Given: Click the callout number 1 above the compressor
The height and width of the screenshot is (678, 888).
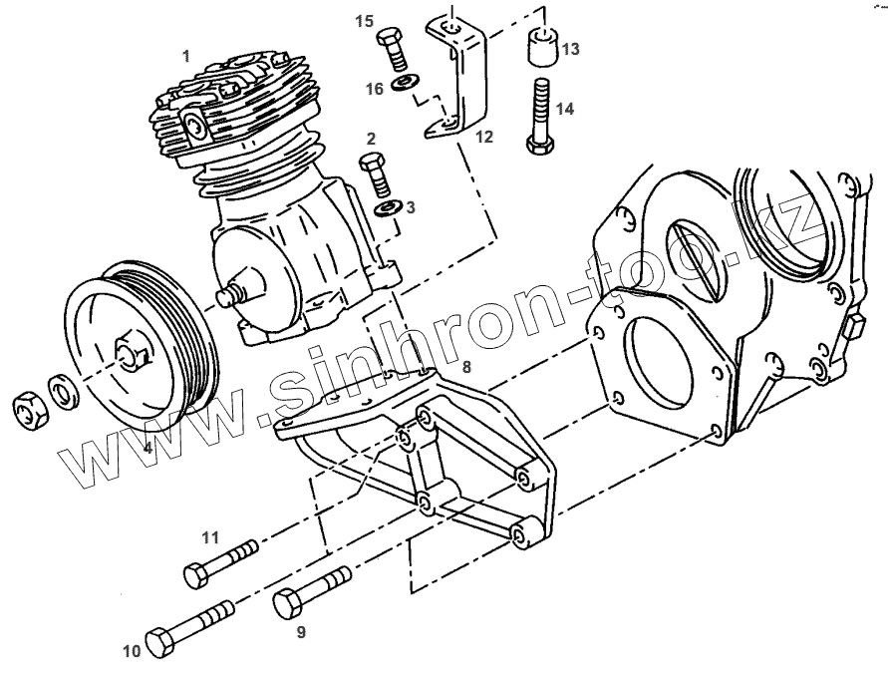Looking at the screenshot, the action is coord(185,57).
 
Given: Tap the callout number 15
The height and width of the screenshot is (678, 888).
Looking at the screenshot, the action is coord(365,22).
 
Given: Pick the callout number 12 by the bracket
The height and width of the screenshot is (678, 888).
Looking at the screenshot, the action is coord(482,136).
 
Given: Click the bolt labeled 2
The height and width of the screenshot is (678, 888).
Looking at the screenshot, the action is coord(376,175).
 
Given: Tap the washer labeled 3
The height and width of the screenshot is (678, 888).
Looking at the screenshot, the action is coord(388,207).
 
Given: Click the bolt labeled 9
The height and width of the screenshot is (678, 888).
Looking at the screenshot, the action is coord(312,590).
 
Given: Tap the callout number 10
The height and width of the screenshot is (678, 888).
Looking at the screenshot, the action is coord(133,653).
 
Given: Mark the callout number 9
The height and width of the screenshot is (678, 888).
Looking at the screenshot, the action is coord(300,631).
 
